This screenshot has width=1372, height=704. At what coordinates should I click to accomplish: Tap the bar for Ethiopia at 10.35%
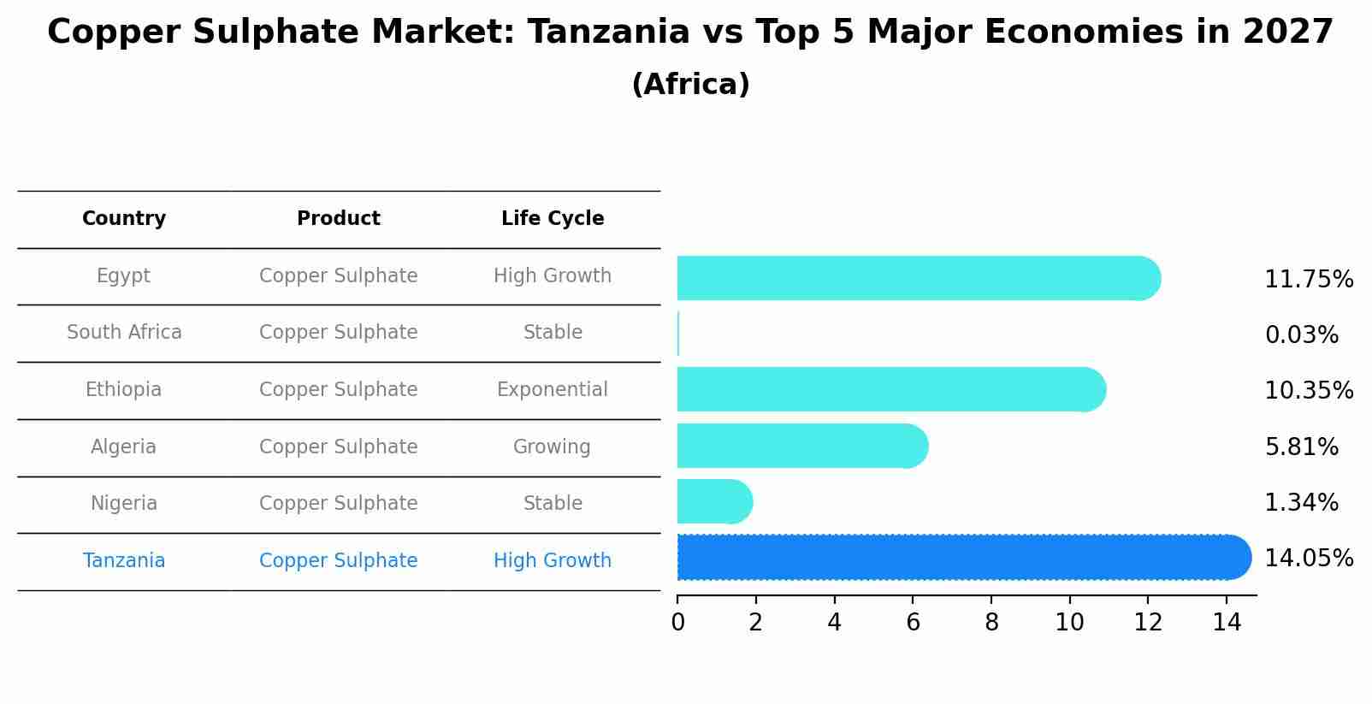[x=890, y=389]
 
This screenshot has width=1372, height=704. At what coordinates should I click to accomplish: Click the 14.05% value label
[x=1308, y=559]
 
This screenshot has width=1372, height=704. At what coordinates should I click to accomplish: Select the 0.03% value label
[x=1301, y=335]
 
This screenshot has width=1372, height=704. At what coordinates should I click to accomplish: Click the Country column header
[x=124, y=219]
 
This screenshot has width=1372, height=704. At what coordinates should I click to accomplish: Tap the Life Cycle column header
[x=553, y=219]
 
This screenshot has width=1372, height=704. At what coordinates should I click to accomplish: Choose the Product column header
[x=339, y=219]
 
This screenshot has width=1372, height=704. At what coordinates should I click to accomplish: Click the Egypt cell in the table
[x=123, y=276]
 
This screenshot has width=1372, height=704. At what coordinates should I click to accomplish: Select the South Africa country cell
[x=124, y=333]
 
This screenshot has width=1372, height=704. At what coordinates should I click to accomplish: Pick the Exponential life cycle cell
[x=553, y=390]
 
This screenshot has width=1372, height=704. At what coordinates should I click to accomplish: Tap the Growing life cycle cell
[x=552, y=447]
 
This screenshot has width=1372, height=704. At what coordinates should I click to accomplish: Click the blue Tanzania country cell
[x=124, y=561]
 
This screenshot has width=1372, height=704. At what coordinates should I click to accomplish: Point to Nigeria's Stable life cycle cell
[x=553, y=504]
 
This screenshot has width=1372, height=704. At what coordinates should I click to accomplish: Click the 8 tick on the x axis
[x=991, y=622]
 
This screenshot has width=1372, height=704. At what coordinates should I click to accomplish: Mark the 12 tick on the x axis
[x=1148, y=622]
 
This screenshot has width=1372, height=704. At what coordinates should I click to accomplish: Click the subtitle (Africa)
[x=690, y=85]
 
